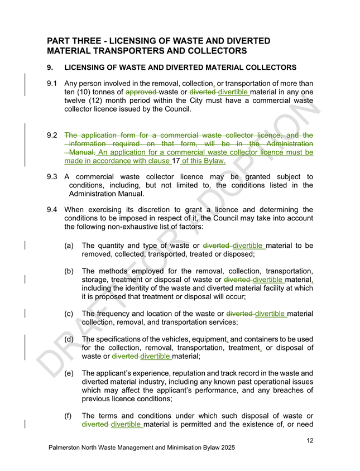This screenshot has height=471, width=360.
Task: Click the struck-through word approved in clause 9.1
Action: [141, 92]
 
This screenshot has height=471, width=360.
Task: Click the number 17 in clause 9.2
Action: [177, 161]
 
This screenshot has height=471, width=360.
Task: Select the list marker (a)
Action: [70, 245]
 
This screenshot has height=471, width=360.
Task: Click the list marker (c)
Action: [70, 314]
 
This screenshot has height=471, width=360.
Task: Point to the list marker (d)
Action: [70, 339]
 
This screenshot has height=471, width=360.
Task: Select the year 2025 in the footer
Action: [226, 448]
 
